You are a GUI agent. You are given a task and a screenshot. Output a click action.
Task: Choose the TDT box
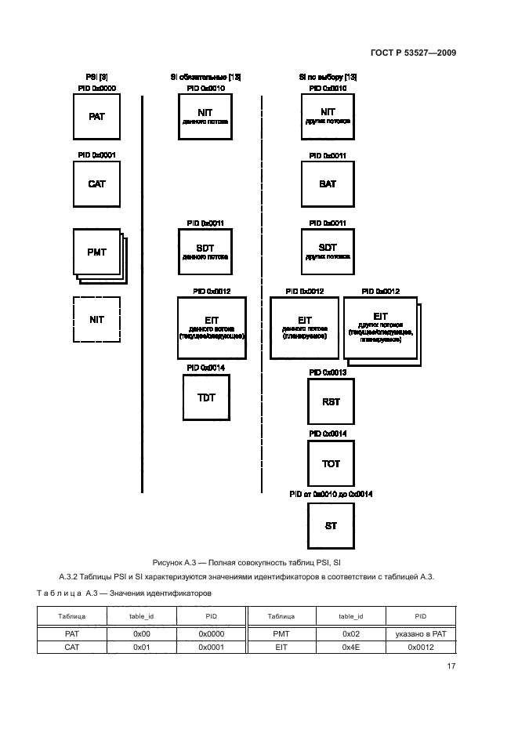206,398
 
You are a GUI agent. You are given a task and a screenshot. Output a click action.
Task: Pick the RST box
331,401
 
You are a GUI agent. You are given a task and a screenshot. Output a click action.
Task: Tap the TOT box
331,464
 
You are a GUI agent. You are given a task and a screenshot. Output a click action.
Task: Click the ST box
331,526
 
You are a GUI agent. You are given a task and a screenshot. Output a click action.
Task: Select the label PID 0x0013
328,372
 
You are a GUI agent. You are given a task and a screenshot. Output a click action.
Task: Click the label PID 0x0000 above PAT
96,89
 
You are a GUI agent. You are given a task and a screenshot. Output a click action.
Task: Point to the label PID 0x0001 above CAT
96,156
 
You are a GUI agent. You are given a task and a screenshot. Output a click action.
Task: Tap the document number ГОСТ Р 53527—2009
414,53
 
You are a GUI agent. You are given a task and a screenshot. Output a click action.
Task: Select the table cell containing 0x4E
351,647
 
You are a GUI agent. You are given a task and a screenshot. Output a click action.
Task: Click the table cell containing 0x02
351,632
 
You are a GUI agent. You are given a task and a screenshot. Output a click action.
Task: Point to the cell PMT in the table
281,632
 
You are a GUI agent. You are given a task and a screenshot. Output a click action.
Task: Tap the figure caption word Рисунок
168,563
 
